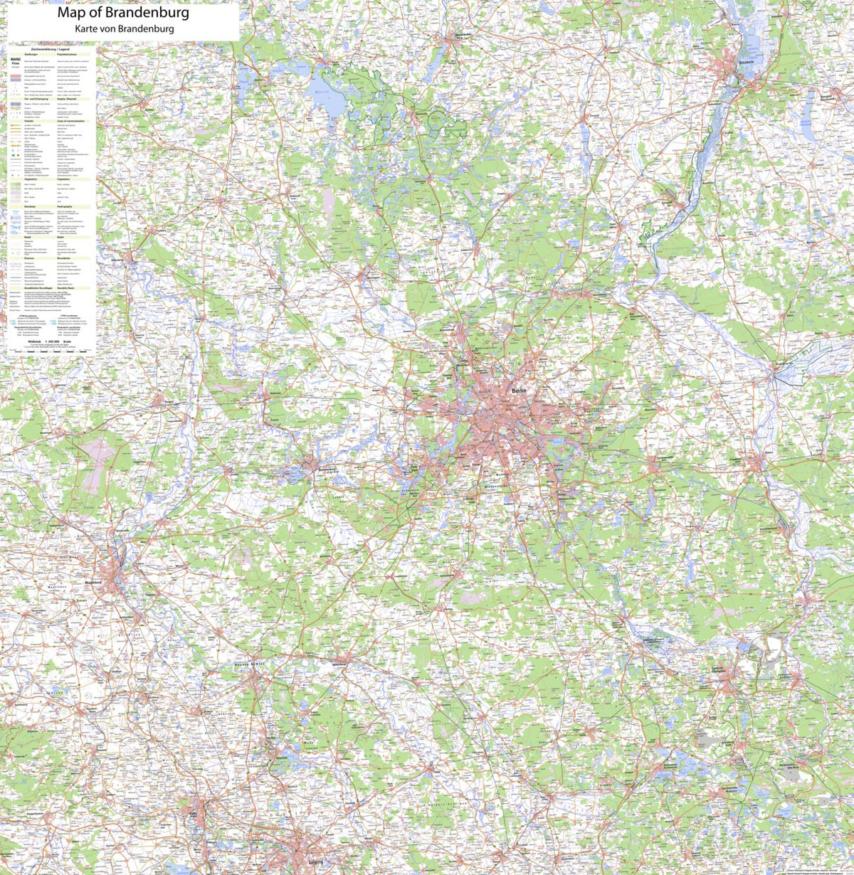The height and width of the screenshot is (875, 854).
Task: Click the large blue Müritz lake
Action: pos(326,95)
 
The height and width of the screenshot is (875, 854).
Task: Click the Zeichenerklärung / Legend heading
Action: pos(51,48)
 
